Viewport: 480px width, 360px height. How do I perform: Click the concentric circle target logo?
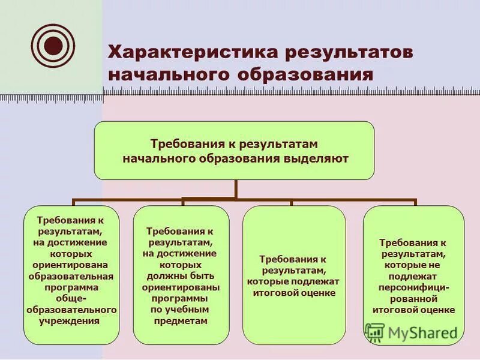[x=53, y=44]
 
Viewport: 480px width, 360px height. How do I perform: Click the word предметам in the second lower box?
[x=179, y=321]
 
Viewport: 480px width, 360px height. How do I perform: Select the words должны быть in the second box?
[x=179, y=275]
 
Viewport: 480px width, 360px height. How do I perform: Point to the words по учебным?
[x=179, y=310]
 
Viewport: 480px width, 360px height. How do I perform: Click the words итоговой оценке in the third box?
[x=293, y=293]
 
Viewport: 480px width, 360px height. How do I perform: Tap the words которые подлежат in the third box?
[x=293, y=281]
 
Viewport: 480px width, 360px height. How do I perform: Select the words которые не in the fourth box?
[x=413, y=265]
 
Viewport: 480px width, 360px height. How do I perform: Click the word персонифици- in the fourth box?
[x=413, y=287]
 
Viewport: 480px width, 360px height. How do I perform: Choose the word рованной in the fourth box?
[x=413, y=299]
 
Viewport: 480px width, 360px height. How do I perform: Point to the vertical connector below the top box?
[x=235, y=189]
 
